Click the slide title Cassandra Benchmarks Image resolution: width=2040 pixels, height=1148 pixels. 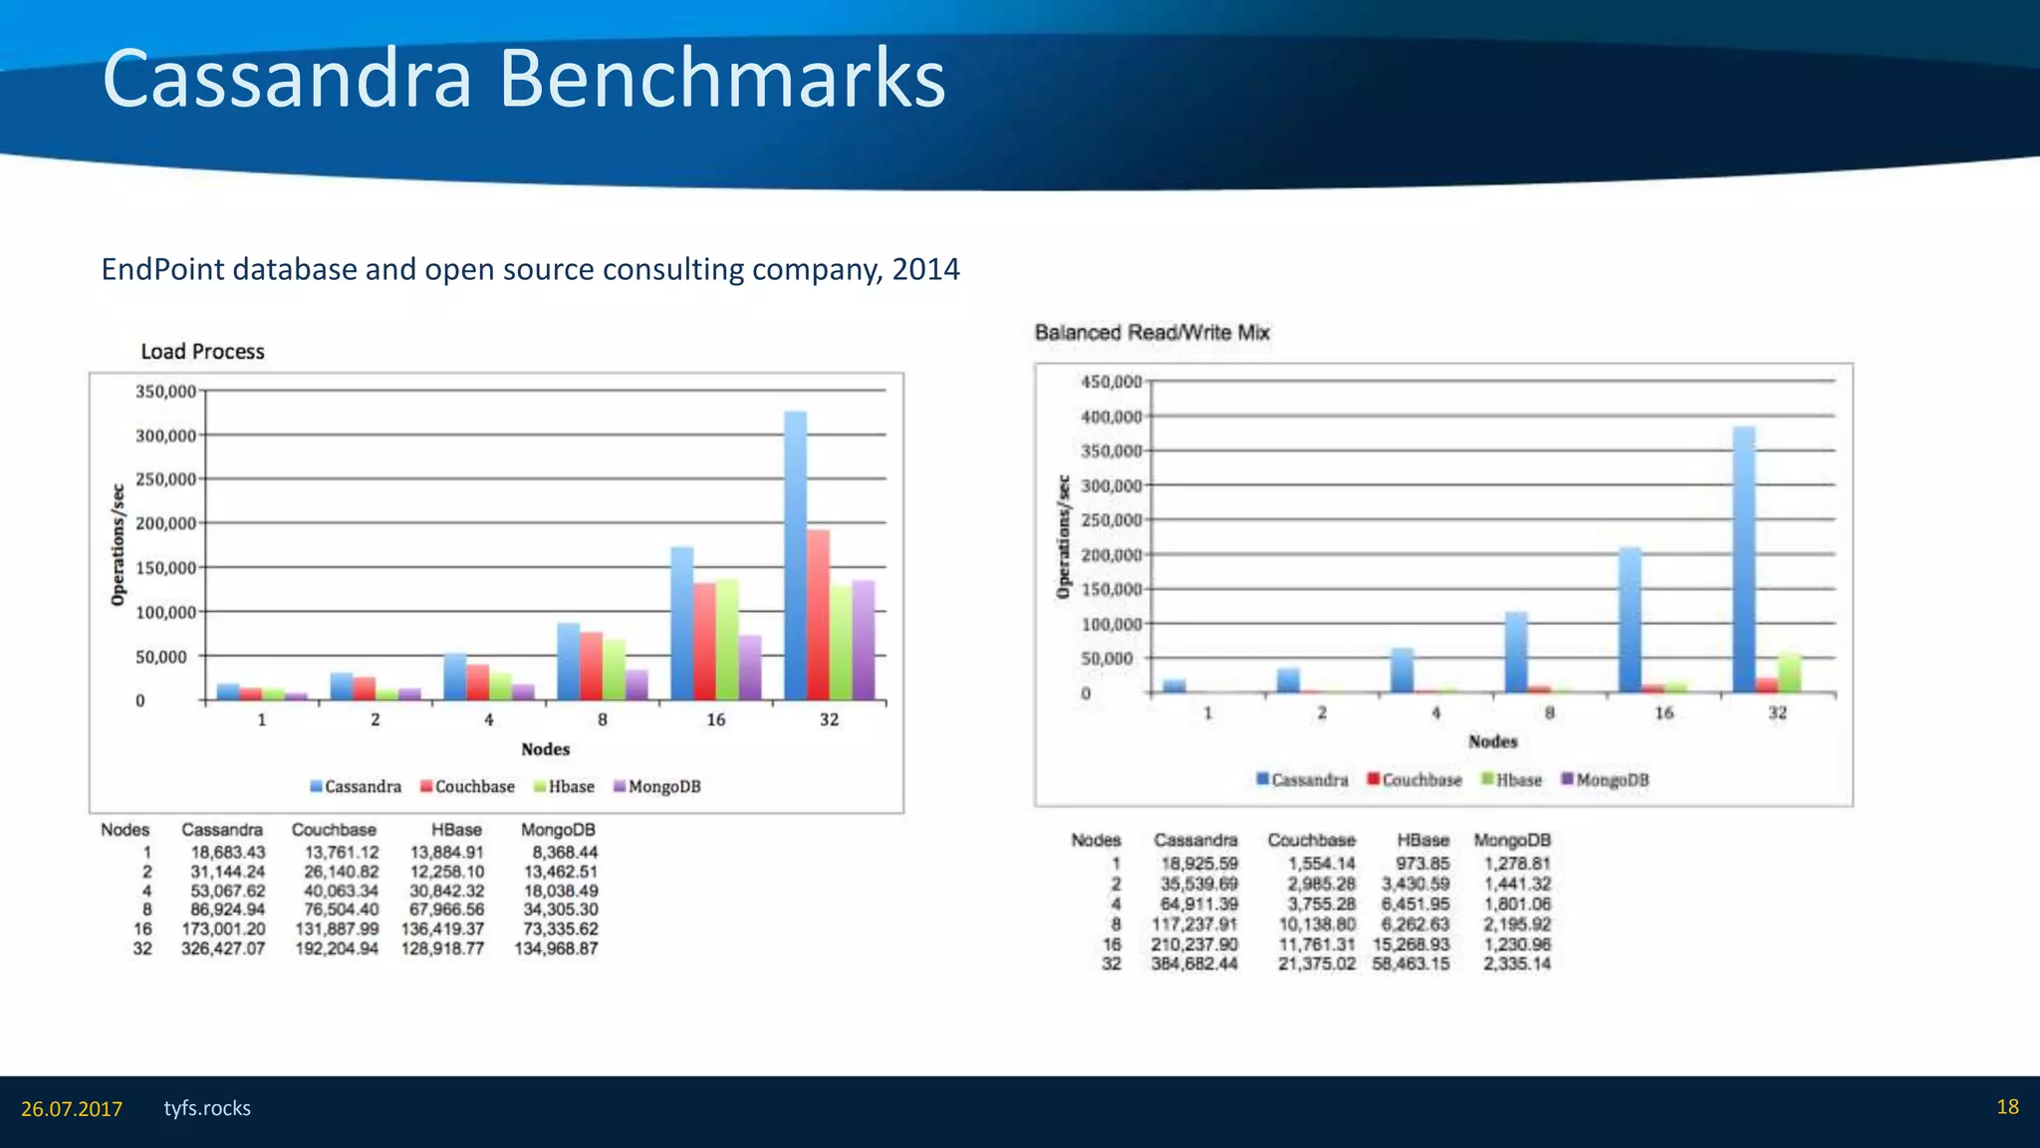tap(523, 80)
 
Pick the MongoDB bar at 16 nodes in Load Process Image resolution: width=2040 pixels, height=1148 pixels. tap(749, 667)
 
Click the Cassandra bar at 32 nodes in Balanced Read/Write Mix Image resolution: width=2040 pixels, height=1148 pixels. tap(1744, 559)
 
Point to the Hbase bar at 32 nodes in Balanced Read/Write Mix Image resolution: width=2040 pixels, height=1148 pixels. tap(1789, 673)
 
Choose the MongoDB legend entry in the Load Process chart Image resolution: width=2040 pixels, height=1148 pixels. tap(657, 786)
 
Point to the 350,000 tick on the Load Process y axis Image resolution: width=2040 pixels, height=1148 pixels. tap(165, 392)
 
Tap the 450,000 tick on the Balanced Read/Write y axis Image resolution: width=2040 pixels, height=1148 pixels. tap(1111, 382)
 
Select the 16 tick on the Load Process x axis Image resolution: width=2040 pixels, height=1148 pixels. tap(715, 719)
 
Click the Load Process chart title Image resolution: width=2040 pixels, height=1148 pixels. tap(202, 352)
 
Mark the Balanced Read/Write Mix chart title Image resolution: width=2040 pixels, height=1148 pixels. tap(1151, 333)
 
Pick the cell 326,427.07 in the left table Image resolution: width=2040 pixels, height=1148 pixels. tap(223, 949)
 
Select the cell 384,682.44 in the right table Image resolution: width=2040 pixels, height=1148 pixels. tap(1194, 964)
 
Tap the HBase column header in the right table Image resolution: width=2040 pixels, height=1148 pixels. tap(1422, 840)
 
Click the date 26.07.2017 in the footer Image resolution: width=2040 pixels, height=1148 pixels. tap(72, 1109)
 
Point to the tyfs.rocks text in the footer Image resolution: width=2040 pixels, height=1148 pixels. tap(207, 1108)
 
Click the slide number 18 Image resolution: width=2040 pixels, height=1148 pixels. tap(2007, 1107)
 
